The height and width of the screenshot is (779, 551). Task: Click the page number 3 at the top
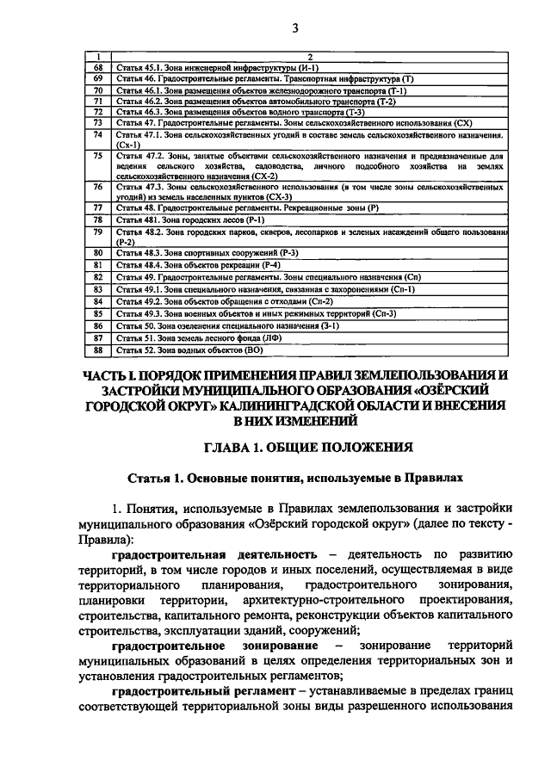[294, 28]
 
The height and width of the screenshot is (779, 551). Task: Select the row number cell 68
[99, 67]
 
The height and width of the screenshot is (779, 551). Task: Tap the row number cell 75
[99, 156]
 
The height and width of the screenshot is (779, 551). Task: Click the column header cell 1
[99, 57]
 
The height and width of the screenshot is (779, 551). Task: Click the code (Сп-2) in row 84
[317, 302]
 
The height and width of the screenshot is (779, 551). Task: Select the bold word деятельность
[264, 552]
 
